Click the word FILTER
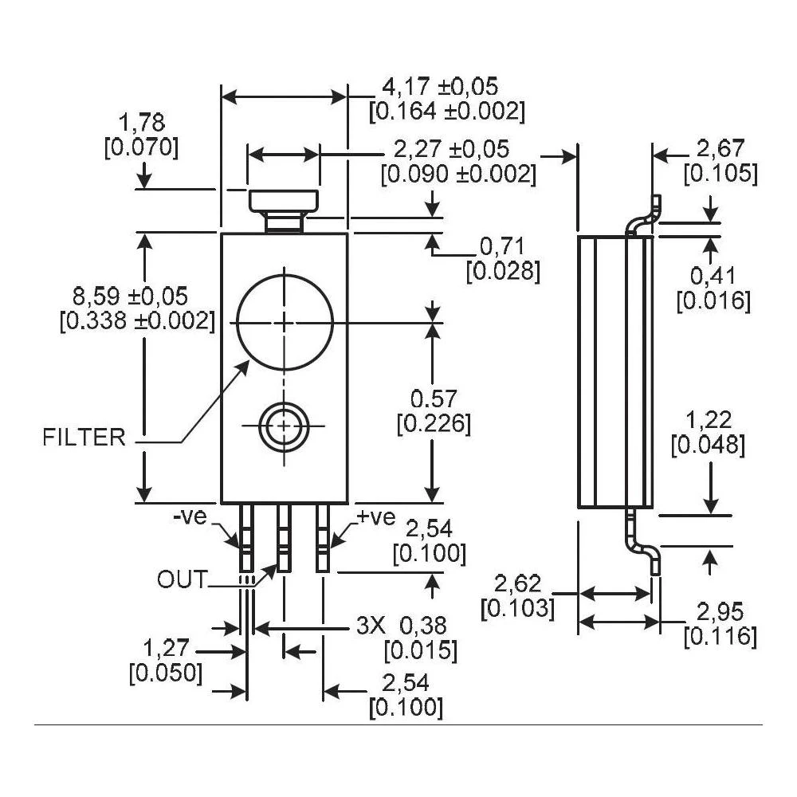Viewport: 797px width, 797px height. pos(84,437)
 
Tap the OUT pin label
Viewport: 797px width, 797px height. pos(182,579)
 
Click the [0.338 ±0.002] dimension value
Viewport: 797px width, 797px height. pos(137,320)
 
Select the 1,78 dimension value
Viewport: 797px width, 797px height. pos(141,124)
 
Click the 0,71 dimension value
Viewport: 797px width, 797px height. pos(503,246)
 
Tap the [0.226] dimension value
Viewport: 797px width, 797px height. pos(434,423)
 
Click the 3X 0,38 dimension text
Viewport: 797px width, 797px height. pos(401,626)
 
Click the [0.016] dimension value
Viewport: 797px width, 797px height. pos(713,300)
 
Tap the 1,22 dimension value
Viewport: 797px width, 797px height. pos(709,421)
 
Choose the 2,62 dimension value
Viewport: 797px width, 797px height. pos(518,584)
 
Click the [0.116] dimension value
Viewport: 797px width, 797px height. pos(720,636)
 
